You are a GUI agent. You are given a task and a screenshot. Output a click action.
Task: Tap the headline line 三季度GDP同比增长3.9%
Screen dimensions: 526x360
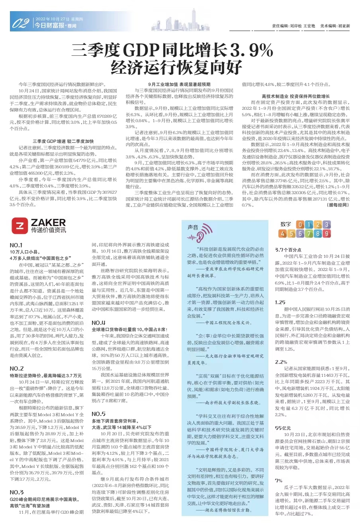click(172, 51)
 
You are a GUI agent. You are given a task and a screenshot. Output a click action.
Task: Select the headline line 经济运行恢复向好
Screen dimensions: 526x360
click(176, 68)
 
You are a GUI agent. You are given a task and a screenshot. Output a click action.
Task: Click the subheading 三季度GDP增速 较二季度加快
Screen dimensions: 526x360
click(63, 141)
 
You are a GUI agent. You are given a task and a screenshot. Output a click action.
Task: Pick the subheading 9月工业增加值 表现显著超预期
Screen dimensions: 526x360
click(179, 84)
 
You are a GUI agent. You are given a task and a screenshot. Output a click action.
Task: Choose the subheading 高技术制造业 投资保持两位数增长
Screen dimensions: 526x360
click(296, 96)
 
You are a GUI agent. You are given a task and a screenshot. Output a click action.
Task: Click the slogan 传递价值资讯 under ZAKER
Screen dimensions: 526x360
click(49, 230)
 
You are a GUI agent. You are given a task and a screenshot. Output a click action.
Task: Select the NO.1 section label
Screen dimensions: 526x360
click(16, 245)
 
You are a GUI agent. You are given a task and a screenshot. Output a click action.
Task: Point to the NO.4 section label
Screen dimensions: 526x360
click(98, 323)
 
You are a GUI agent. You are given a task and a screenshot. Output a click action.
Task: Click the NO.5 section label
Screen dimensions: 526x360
click(98, 414)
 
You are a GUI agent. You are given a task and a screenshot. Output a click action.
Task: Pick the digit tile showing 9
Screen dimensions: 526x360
click(326, 234)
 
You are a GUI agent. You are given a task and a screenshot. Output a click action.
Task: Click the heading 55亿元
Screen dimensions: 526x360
click(283, 428)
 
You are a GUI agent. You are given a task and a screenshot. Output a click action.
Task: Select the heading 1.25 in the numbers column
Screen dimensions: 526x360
click(280, 302)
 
